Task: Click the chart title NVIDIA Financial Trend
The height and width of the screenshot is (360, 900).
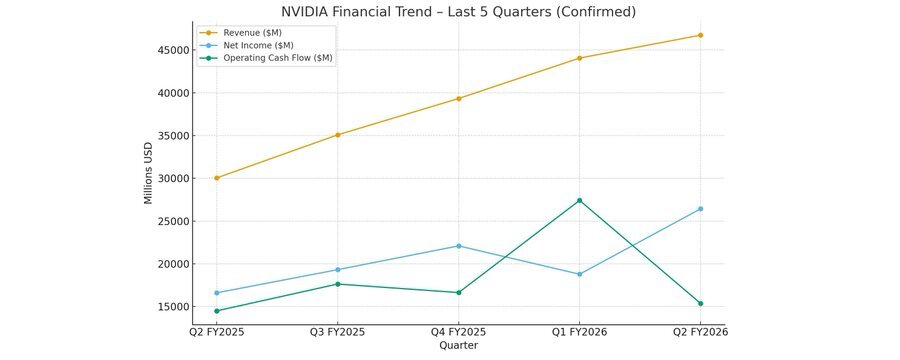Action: point(458,12)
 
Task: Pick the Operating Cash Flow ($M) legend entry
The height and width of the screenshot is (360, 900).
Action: point(278,58)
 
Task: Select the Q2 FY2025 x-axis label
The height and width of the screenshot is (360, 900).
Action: point(217,331)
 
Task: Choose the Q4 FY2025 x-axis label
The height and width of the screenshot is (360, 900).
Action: point(459,331)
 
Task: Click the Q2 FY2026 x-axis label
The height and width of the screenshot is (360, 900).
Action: point(700,331)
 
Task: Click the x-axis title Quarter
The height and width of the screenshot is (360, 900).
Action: point(458,345)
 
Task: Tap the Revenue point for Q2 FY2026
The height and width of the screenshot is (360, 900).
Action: point(700,35)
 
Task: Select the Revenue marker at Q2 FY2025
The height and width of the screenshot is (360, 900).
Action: point(217,178)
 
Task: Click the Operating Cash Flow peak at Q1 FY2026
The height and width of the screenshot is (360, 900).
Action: point(579,200)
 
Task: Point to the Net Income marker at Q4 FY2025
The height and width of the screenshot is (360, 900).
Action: point(459,246)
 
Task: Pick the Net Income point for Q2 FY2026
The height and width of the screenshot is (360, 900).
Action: point(700,209)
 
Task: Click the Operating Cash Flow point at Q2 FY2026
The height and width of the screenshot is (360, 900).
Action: point(700,303)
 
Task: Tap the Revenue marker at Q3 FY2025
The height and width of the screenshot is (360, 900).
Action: point(338,135)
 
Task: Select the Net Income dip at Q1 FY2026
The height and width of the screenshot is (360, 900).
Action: point(579,274)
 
